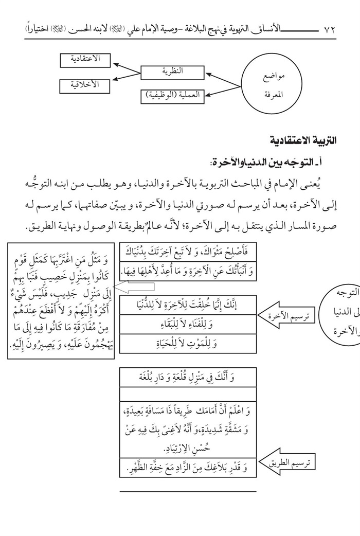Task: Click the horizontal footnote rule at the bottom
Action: click(x=187, y=491)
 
